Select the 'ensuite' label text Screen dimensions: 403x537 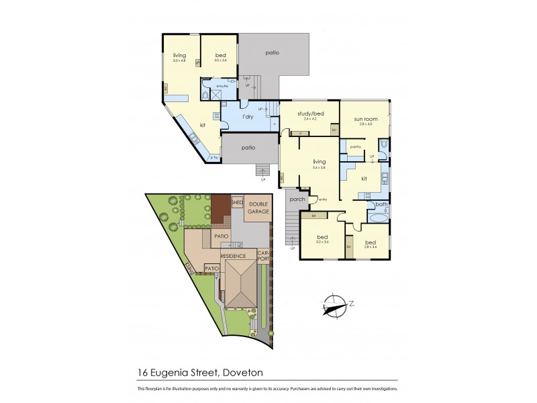point(222,86)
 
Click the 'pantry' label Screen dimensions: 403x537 point(356,146)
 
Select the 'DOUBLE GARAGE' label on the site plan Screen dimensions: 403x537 point(259,208)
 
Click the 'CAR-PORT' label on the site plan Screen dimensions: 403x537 point(264,256)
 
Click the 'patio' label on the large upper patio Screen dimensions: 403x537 point(271,52)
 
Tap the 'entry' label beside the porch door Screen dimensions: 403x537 point(323,199)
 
